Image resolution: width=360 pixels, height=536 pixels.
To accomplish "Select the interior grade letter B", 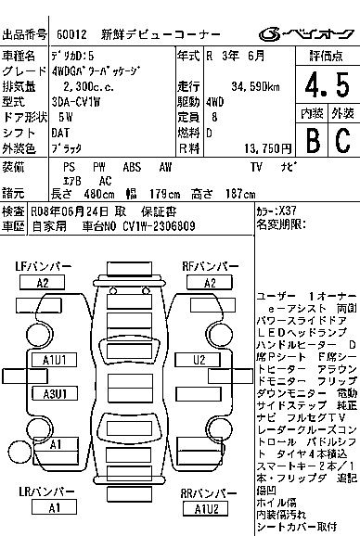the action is pyautogui.click(x=312, y=141).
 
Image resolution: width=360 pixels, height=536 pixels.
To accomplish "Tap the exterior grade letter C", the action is pyautogui.click(x=341, y=141).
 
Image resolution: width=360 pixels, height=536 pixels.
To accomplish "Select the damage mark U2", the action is pyautogui.click(x=199, y=359).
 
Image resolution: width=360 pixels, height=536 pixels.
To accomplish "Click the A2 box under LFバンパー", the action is pyautogui.click(x=43, y=283).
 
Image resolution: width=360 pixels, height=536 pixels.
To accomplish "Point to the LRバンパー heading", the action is pyautogui.click(x=44, y=491).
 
